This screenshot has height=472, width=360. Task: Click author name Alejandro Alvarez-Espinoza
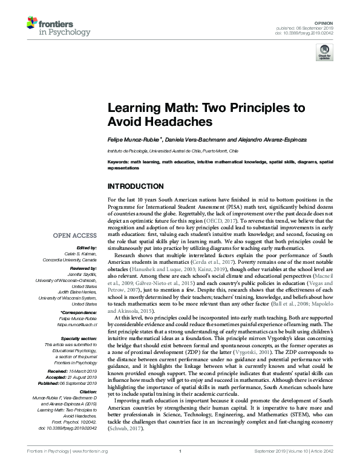click(261, 140)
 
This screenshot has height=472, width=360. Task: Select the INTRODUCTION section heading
click(135, 186)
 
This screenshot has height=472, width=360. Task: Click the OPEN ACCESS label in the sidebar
click(76, 235)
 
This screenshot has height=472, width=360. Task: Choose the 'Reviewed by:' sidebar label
click(83, 267)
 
